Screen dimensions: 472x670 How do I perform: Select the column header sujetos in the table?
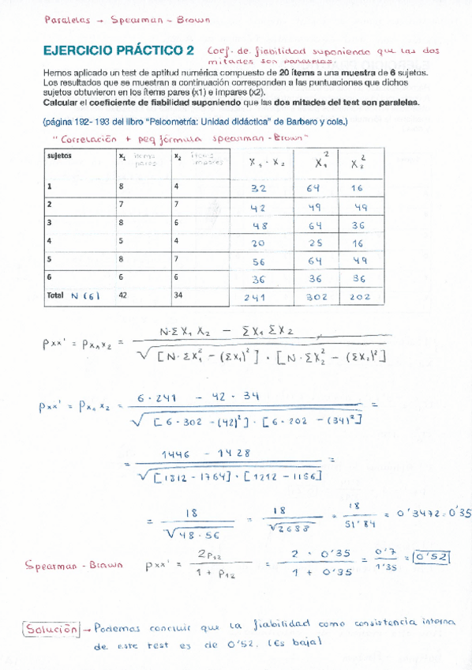point(60,156)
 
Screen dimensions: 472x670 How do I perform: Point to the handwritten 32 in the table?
point(257,189)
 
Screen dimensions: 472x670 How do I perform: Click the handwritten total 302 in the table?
point(316,298)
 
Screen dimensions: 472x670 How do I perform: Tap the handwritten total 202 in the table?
point(359,298)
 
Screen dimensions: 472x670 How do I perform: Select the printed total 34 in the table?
point(178,295)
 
